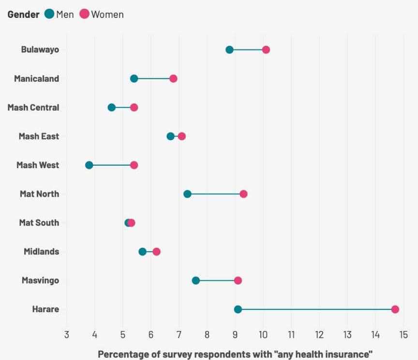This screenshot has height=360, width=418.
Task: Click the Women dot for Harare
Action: tap(395, 309)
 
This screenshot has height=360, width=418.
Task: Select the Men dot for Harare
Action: tap(238, 309)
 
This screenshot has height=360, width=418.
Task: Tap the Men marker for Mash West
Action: tap(89, 165)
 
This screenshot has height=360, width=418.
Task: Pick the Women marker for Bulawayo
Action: tap(266, 50)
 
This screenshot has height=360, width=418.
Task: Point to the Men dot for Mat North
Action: tap(187, 194)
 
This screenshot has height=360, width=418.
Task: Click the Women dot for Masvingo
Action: tap(238, 280)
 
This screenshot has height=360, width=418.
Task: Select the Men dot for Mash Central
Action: tap(112, 107)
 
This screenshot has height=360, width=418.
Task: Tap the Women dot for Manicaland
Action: tap(173, 79)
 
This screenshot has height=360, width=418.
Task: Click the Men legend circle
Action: tap(49, 14)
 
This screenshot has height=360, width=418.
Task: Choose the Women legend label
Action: tap(107, 14)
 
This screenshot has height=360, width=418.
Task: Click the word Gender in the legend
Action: tap(23, 14)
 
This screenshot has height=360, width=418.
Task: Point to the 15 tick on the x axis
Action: tap(403, 334)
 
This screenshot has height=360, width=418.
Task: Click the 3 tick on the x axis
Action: tap(67, 334)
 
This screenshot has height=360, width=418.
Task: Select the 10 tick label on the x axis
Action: tap(263, 334)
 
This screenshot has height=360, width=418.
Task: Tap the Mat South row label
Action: tap(39, 223)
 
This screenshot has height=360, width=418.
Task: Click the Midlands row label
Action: tap(42, 252)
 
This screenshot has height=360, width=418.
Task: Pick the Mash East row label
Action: tap(39, 136)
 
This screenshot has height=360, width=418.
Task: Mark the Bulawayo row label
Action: tap(40, 50)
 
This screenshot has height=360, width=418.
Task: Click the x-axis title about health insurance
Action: tap(235, 354)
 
